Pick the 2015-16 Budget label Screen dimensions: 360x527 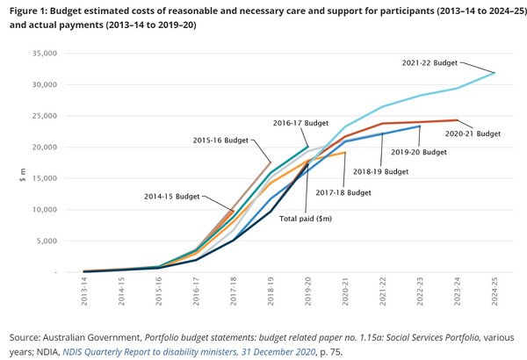tap(220, 139)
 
